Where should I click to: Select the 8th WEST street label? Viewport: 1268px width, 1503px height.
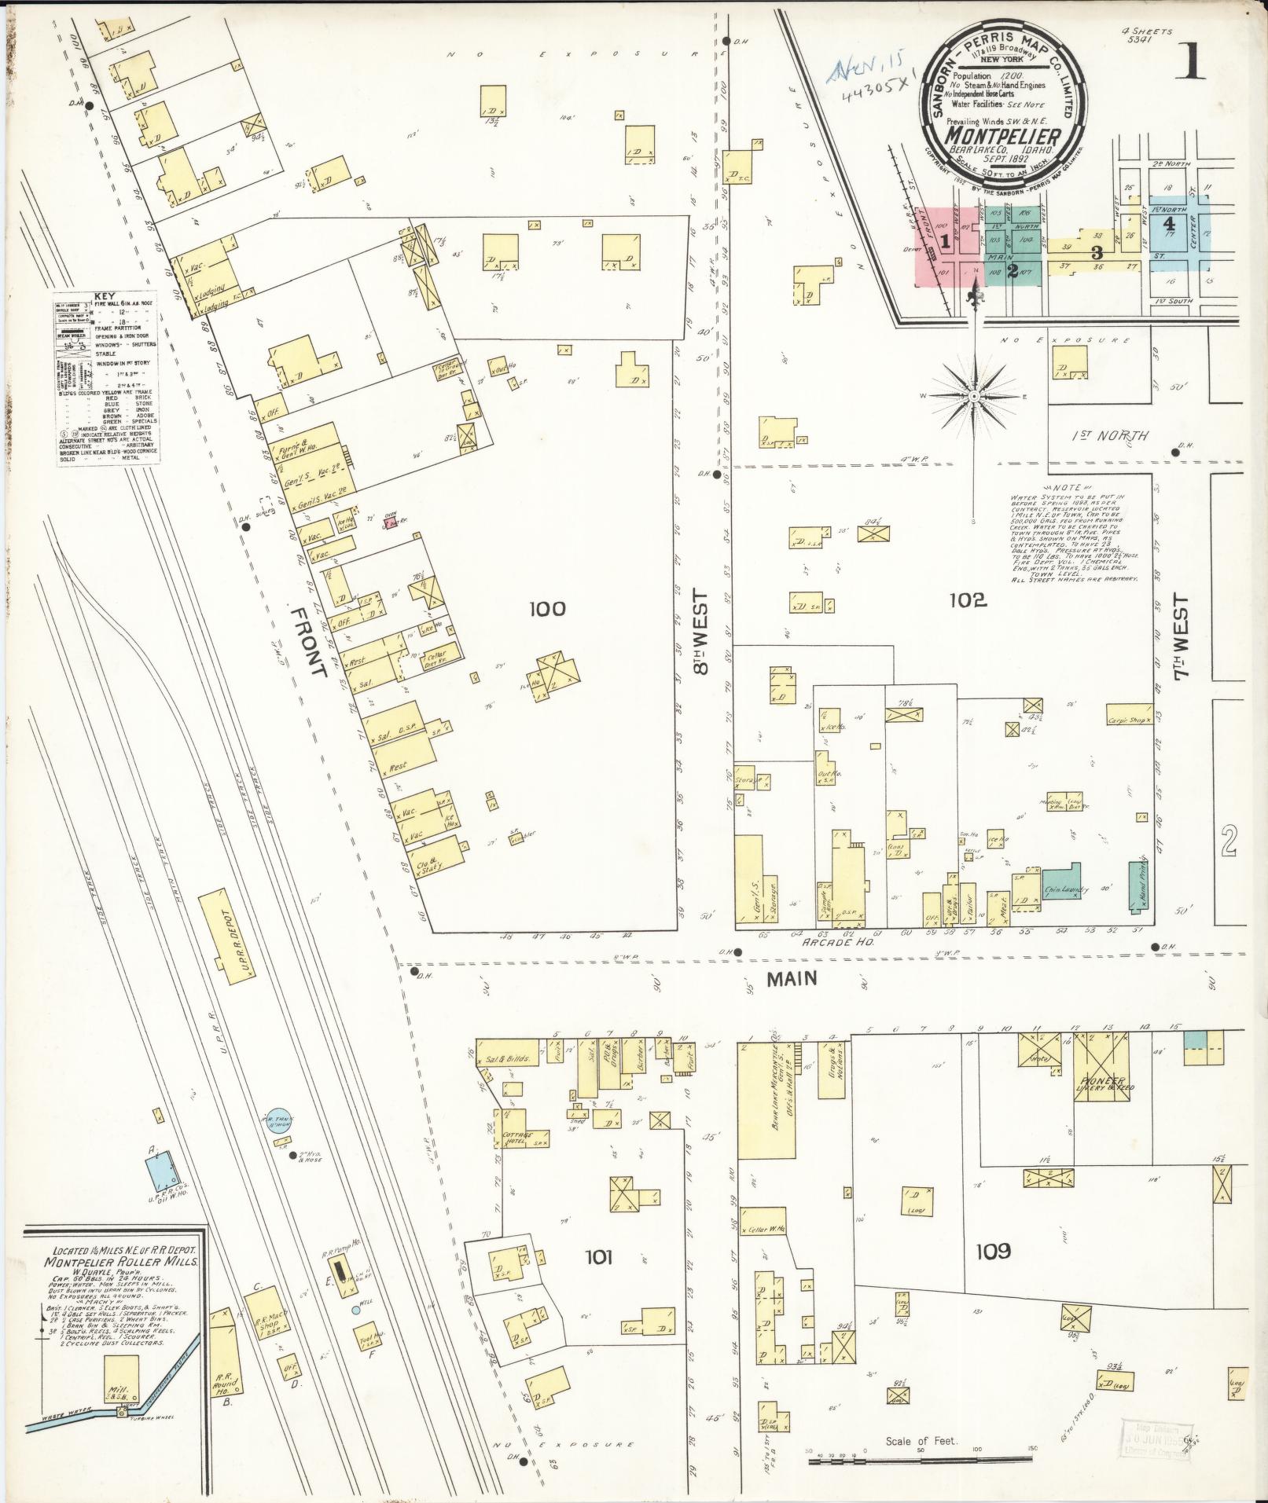(x=701, y=632)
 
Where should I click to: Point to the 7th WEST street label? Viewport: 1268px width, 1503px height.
(x=1182, y=636)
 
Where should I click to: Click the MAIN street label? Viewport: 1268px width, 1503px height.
(x=792, y=978)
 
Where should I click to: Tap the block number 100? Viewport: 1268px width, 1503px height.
(x=547, y=608)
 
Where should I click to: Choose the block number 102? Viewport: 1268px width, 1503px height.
(x=967, y=600)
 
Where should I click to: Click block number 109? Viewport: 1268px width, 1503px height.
(x=992, y=1250)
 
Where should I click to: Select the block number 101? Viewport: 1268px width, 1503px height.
(x=598, y=1256)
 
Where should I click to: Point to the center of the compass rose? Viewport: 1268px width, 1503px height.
(x=974, y=397)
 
